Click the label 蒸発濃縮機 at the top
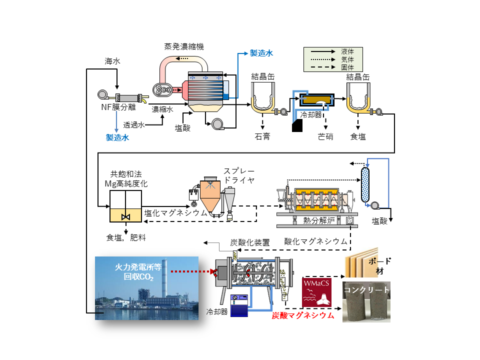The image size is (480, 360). tap(184, 46)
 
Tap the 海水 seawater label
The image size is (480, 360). tap(112, 61)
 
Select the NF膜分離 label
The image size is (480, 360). tap(118, 107)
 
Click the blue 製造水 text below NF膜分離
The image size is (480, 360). tap(117, 137)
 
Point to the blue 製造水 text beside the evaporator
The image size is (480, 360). tap(261, 53)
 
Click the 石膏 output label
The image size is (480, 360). tap(262, 136)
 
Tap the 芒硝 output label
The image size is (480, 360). tap(325, 136)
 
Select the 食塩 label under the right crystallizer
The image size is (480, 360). tap(358, 136)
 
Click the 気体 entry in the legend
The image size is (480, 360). tap(347, 59)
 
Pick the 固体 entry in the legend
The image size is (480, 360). tap(347, 67)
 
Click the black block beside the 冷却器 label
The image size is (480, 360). tap(297, 125)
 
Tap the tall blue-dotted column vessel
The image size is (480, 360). tap(365, 184)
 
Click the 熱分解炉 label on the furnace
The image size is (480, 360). tap(318, 220)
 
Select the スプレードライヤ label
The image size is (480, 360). tap(239, 175)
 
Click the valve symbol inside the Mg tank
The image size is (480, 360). tap(126, 217)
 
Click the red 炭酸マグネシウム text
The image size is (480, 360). tap(303, 315)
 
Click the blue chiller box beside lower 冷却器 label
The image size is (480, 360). tap(239, 305)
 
